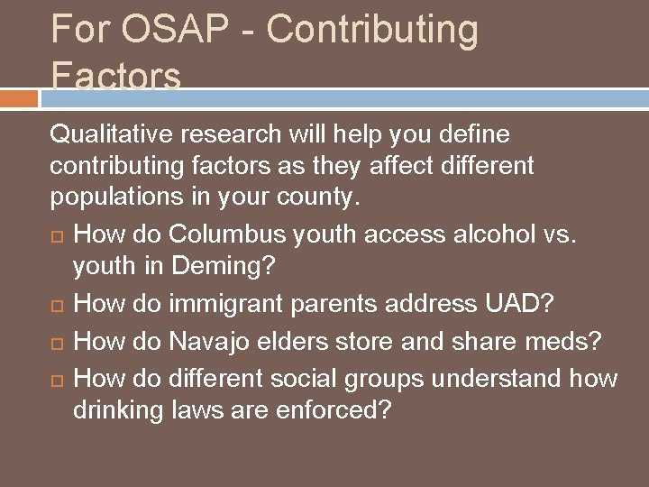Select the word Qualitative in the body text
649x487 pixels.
pyautogui.click(x=114, y=135)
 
